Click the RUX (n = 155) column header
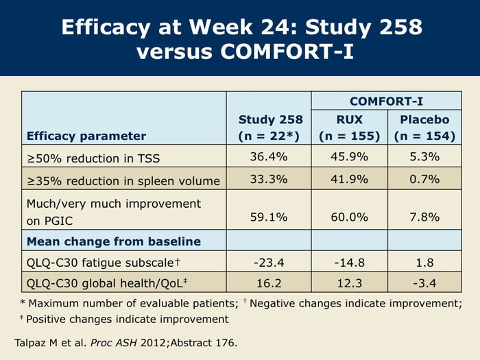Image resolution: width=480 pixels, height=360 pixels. [x=349, y=128]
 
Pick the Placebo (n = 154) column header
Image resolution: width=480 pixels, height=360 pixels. [x=424, y=128]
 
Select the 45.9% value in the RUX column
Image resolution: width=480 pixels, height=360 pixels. [x=349, y=158]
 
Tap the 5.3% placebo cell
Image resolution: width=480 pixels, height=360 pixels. [x=424, y=158]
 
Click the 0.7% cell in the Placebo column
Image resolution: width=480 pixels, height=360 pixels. [x=424, y=180]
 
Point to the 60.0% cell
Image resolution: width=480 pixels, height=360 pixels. [x=349, y=217]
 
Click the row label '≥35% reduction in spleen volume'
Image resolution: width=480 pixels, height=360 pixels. [x=123, y=181]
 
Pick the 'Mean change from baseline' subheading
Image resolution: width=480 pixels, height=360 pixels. [x=113, y=241]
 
